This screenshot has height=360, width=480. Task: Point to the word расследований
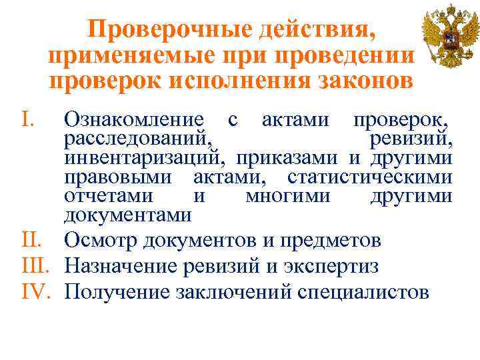(x=139, y=141)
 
